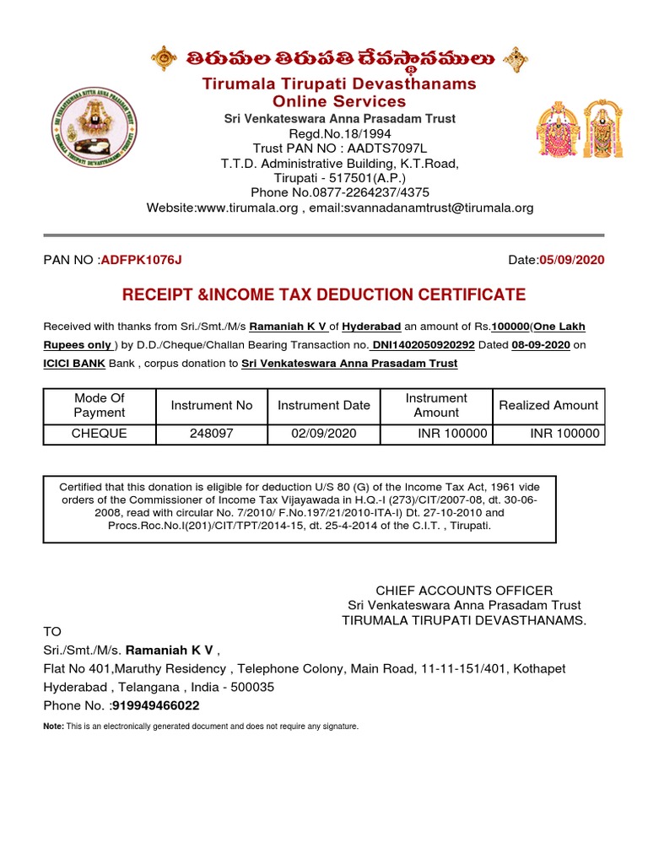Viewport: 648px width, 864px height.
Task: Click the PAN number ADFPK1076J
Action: click(141, 259)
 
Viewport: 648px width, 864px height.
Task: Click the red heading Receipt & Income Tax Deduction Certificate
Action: click(324, 294)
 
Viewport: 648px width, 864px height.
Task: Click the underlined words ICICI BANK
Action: click(74, 363)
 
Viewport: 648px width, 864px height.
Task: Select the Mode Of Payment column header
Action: click(100, 405)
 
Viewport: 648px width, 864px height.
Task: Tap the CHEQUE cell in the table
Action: click(100, 434)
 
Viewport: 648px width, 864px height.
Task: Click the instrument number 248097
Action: click(211, 434)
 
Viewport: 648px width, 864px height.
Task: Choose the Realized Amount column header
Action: click(548, 405)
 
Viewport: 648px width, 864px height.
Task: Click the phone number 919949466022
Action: click(150, 705)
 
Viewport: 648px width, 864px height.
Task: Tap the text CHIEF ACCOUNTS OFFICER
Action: click(464, 591)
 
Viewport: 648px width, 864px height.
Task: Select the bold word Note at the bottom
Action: click(53, 726)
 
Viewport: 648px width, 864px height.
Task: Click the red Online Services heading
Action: click(338, 101)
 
